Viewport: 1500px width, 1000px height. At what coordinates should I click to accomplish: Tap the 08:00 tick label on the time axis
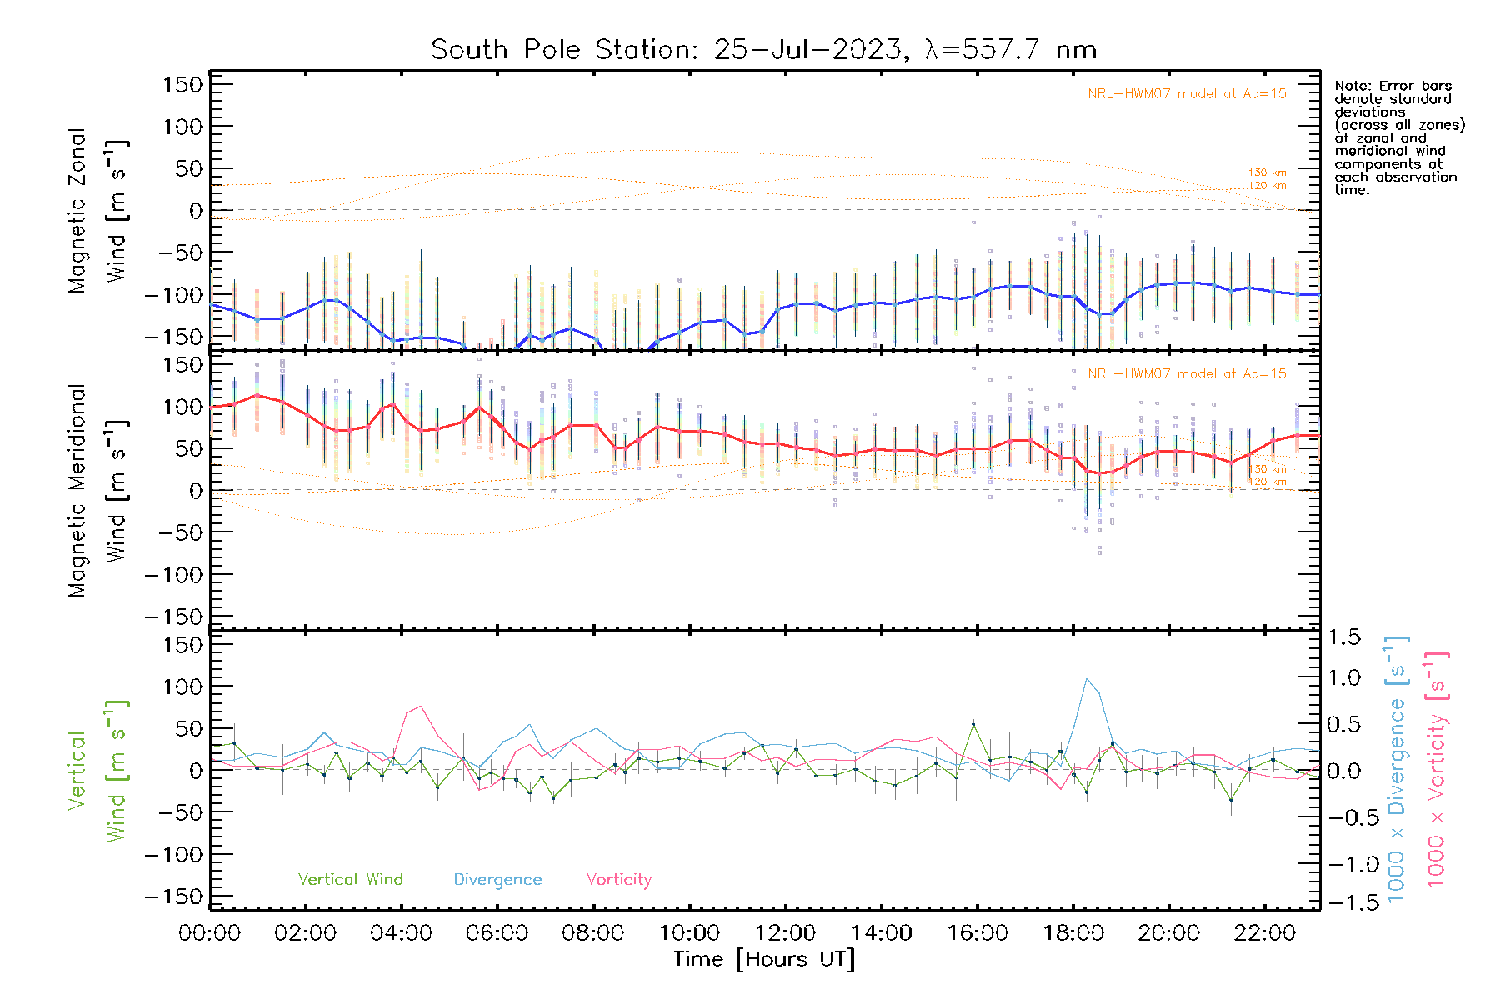593,933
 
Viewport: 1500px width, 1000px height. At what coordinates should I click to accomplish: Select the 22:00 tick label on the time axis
1265,933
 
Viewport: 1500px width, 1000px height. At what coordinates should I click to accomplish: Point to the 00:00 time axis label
210,933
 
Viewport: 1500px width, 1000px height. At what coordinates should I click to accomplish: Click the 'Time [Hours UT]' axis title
764,959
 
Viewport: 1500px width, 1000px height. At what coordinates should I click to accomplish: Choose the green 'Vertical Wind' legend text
350,880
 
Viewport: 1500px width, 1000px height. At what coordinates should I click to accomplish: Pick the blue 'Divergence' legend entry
497,880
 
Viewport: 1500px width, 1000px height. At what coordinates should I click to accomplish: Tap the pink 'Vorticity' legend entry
618,880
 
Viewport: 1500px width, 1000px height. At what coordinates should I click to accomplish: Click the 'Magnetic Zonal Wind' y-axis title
98,211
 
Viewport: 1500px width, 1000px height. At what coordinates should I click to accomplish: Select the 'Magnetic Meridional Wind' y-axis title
98,491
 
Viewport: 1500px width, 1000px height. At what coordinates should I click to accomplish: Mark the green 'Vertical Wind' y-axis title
98,771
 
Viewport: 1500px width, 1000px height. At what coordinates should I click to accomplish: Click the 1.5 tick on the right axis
1343,637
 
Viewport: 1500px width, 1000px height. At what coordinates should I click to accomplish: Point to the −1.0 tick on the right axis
1343,864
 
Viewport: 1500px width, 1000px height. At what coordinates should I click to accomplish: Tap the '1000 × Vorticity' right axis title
1437,769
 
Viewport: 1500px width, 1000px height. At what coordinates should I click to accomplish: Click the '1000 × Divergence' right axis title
1397,769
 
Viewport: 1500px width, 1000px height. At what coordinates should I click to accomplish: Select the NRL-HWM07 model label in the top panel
1187,94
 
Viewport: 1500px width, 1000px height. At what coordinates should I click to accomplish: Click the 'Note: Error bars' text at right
1393,87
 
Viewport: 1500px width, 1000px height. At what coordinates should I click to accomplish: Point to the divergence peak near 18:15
1087,679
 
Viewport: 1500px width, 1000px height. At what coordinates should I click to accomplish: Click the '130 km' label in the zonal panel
1267,173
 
